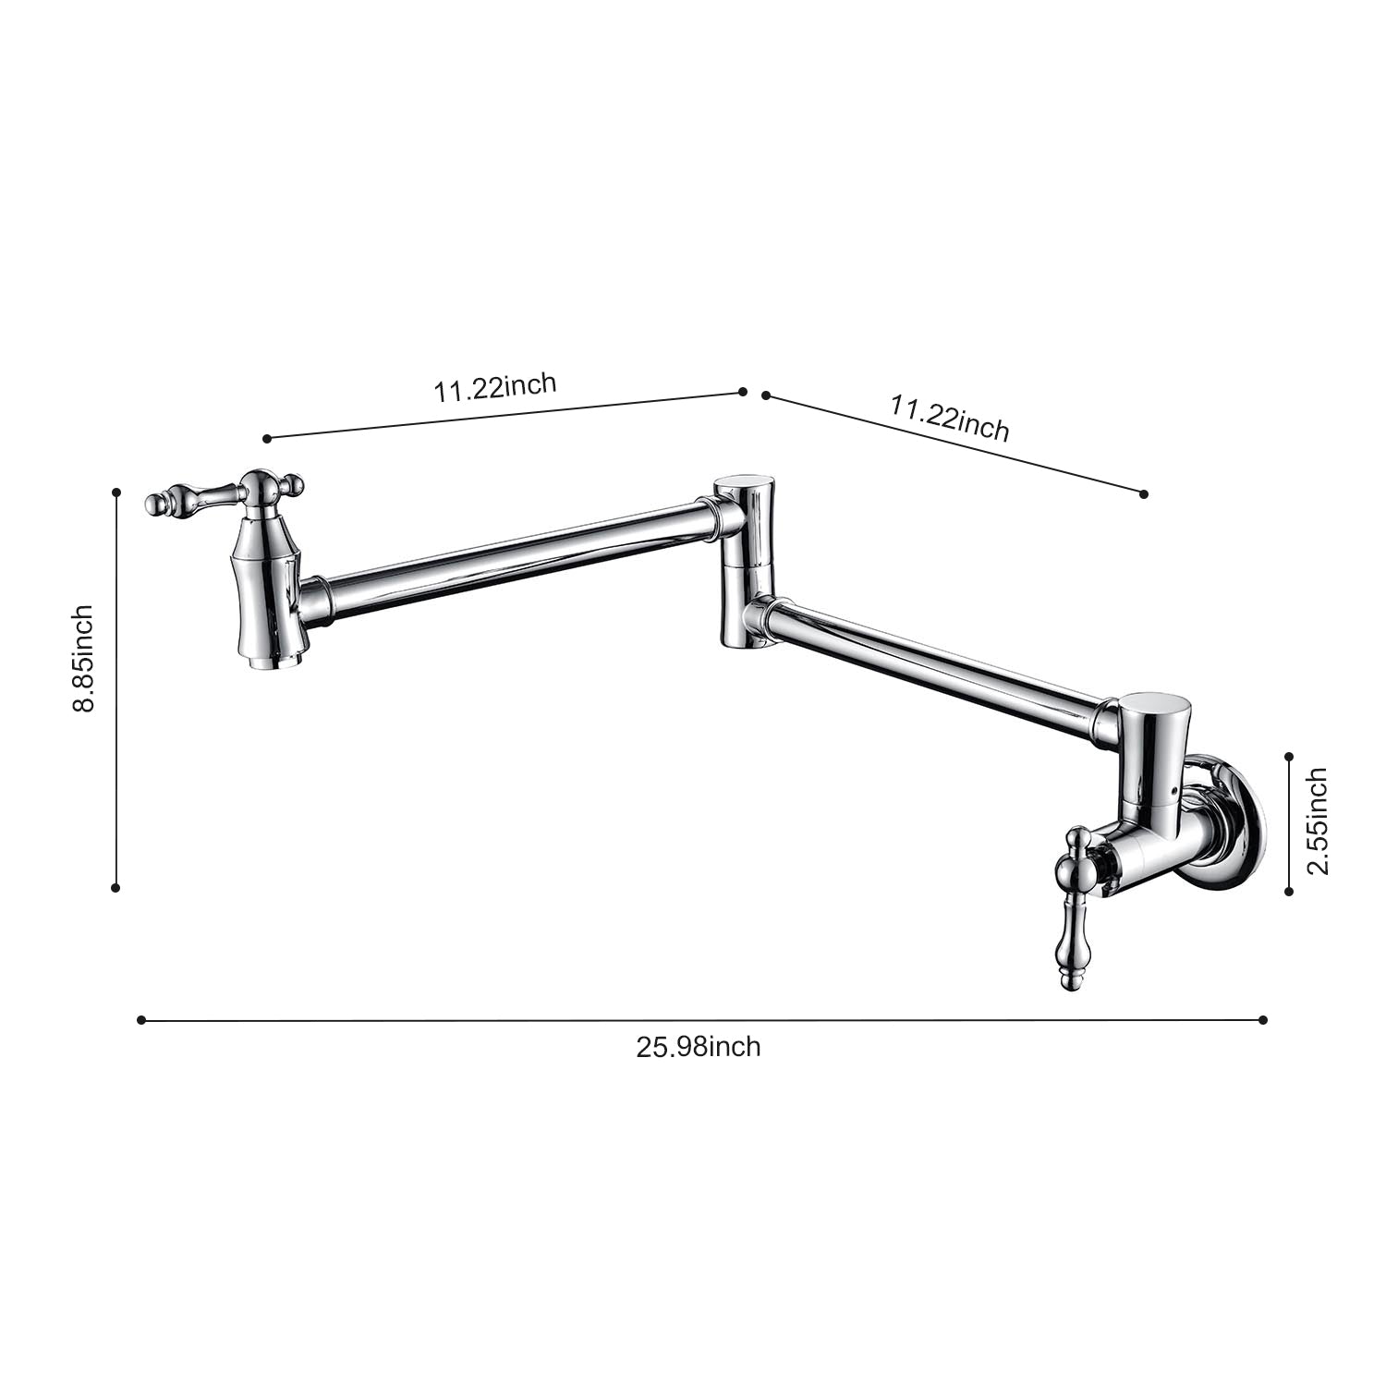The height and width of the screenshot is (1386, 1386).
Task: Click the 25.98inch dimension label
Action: coord(698,1047)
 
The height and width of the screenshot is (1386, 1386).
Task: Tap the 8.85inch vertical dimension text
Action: coord(84,658)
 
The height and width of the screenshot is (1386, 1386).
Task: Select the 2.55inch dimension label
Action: coord(1317,821)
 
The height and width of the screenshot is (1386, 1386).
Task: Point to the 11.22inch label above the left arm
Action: coord(495,386)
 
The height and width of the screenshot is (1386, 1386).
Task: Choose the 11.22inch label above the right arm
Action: coord(949,418)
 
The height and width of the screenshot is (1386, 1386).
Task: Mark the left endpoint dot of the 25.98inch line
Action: coord(140,1020)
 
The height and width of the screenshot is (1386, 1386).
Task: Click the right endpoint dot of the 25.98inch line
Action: coord(1263,1020)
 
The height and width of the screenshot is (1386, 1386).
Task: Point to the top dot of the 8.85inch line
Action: coord(116,492)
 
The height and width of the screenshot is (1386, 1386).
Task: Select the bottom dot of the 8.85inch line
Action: coord(115,888)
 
